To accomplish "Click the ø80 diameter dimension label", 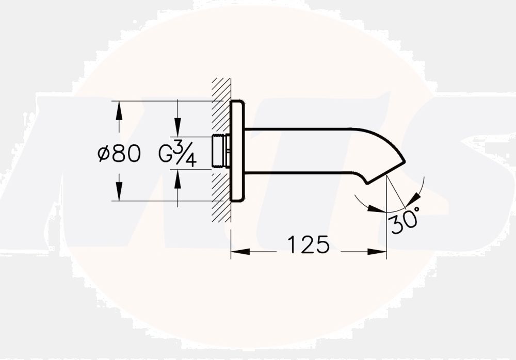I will pyautogui.click(x=119, y=153).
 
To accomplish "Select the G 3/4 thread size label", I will pyautogui.click(x=178, y=153).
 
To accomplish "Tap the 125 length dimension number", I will pyautogui.click(x=308, y=244).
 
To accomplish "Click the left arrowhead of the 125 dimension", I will pyautogui.click(x=238, y=252).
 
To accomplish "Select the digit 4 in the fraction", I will pyautogui.click(x=190, y=160).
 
